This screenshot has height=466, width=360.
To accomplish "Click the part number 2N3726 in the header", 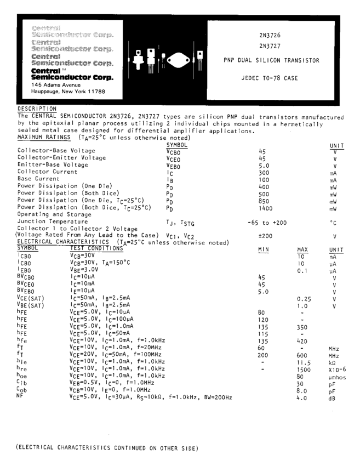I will coord(270,35).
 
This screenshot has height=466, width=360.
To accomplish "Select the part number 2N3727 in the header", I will coord(270,46).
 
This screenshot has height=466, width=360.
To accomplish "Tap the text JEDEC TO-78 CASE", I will coord(270,78).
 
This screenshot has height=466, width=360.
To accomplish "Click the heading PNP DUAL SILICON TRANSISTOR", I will coord(271,60).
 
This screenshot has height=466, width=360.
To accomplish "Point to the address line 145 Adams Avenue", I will coord(56,85).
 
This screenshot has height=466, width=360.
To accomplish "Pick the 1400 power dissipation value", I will coord(265,208).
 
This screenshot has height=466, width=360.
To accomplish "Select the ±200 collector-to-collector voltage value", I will coord(265,236).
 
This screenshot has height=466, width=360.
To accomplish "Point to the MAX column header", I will coord(302,249).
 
